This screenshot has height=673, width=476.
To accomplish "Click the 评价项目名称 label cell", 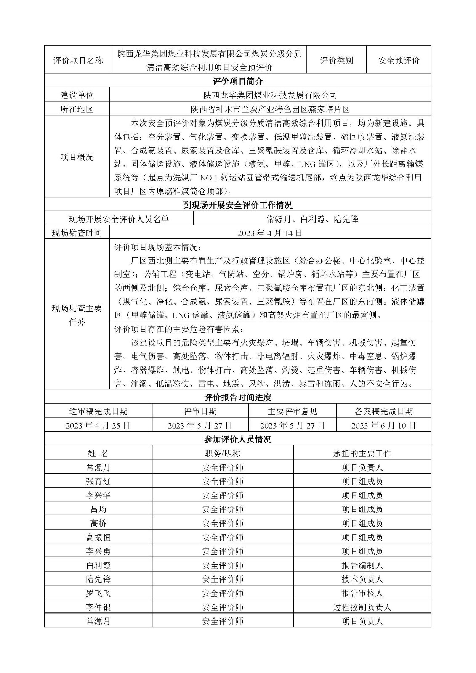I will (x=78, y=60).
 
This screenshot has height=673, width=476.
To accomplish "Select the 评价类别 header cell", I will (x=336, y=60).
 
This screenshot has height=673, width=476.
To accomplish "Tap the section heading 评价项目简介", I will (x=237, y=81).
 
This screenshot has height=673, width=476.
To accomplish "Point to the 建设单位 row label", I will (x=77, y=95).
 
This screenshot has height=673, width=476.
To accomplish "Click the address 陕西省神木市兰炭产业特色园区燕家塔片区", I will (x=270, y=109).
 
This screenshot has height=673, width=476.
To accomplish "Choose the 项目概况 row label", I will (x=77, y=157).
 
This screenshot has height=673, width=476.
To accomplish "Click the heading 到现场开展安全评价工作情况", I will (x=237, y=205).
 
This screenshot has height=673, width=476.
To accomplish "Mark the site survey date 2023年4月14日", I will (x=270, y=233).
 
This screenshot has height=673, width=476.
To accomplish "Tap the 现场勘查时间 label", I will (x=77, y=233).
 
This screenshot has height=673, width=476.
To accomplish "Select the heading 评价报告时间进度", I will (x=237, y=397).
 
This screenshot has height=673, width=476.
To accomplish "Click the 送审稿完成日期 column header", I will (x=98, y=411).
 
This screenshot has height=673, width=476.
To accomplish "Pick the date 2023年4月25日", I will (x=98, y=425).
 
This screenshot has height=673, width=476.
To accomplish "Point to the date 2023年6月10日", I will (x=383, y=425).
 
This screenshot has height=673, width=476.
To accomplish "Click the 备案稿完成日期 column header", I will (x=383, y=411).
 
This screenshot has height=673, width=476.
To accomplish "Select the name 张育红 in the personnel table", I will (x=98, y=481).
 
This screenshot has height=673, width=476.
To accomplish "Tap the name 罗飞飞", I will (x=98, y=593).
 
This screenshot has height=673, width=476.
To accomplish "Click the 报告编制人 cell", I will (x=362, y=565).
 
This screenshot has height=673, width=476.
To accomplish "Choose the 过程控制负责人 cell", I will (x=362, y=607).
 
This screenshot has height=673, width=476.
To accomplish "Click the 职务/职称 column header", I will (x=222, y=453).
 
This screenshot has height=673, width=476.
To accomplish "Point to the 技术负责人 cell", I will (x=362, y=579).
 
